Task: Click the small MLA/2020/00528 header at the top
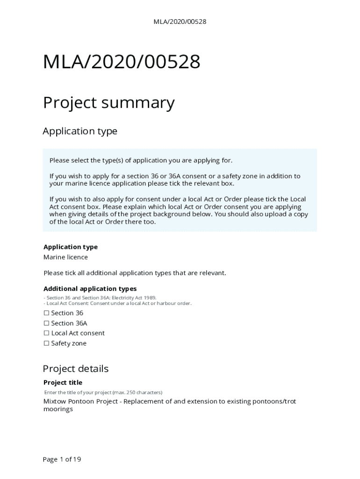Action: click(180, 22)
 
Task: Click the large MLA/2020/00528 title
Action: click(122, 62)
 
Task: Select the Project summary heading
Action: click(108, 102)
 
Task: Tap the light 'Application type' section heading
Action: click(80, 131)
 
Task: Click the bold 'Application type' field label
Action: click(71, 247)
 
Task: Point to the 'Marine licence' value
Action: click(65, 257)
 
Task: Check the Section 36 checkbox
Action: click(46, 313)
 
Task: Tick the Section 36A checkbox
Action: click(46, 323)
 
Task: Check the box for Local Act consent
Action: click(46, 333)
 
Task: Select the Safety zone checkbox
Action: click(46, 343)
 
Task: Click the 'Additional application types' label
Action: click(90, 289)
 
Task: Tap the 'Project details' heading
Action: click(76, 369)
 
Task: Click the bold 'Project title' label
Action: click(63, 383)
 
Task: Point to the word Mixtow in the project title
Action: click(55, 401)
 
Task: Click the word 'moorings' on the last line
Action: click(58, 409)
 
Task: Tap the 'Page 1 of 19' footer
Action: click(62, 459)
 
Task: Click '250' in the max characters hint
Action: click(128, 392)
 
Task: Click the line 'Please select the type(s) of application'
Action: click(141, 160)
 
